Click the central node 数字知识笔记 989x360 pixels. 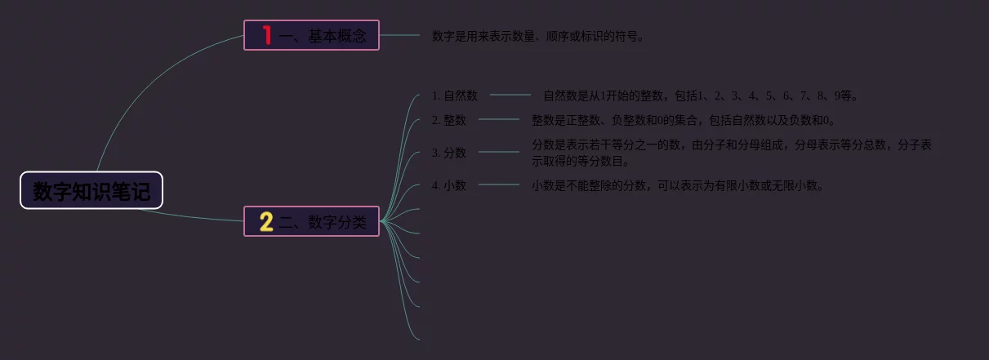point(91,191)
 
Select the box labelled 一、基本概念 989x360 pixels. point(311,35)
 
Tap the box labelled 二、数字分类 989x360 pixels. point(311,220)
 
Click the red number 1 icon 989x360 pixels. point(266,35)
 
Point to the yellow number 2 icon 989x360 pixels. point(266,221)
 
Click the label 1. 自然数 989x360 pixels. point(455,96)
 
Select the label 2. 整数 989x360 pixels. point(449,120)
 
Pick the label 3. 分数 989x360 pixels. point(449,153)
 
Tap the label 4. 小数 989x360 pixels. point(449,185)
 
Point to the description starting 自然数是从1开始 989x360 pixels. point(700,96)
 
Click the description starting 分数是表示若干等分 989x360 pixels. point(731,153)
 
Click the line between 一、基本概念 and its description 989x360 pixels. point(399,35)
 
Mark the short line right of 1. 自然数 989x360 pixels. point(510,96)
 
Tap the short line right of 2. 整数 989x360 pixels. point(498,120)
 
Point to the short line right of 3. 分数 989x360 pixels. point(498,152)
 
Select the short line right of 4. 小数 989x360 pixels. point(498,185)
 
